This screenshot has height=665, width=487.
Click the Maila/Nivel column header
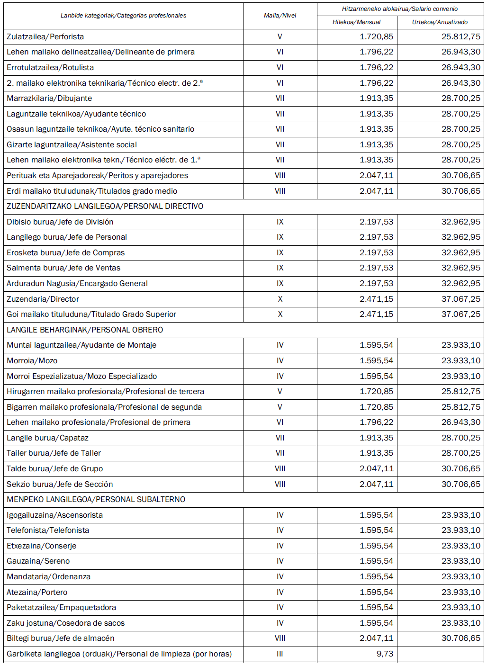coord(280,16)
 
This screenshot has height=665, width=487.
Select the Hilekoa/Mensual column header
coord(356,22)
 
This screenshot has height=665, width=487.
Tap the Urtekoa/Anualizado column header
coord(440,22)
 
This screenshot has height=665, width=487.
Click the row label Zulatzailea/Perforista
coord(45,36)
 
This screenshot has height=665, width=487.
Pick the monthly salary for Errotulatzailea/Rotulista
coord(376,67)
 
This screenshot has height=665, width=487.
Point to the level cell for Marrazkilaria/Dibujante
coord(280,98)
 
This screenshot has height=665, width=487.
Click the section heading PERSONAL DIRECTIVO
coord(105,206)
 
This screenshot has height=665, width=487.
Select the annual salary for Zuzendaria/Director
coord(460,299)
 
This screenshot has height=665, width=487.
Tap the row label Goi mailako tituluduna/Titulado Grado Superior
coord(91,314)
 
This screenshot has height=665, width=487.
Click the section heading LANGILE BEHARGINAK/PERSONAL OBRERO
coord(85,330)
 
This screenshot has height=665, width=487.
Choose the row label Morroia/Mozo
coord(32,360)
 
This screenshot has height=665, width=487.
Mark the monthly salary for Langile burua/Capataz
coord(376,438)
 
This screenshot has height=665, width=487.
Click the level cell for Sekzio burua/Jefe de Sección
coord(280,484)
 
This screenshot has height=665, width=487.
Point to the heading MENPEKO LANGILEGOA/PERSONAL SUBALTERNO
coord(96,499)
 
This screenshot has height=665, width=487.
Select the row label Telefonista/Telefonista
coord(48,530)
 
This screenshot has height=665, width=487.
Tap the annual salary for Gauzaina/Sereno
coord(460,561)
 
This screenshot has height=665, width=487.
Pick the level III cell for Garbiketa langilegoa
coord(280,654)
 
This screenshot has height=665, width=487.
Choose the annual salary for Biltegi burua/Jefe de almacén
coord(460,638)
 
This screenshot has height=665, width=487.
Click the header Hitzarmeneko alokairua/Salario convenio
coord(400,9)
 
